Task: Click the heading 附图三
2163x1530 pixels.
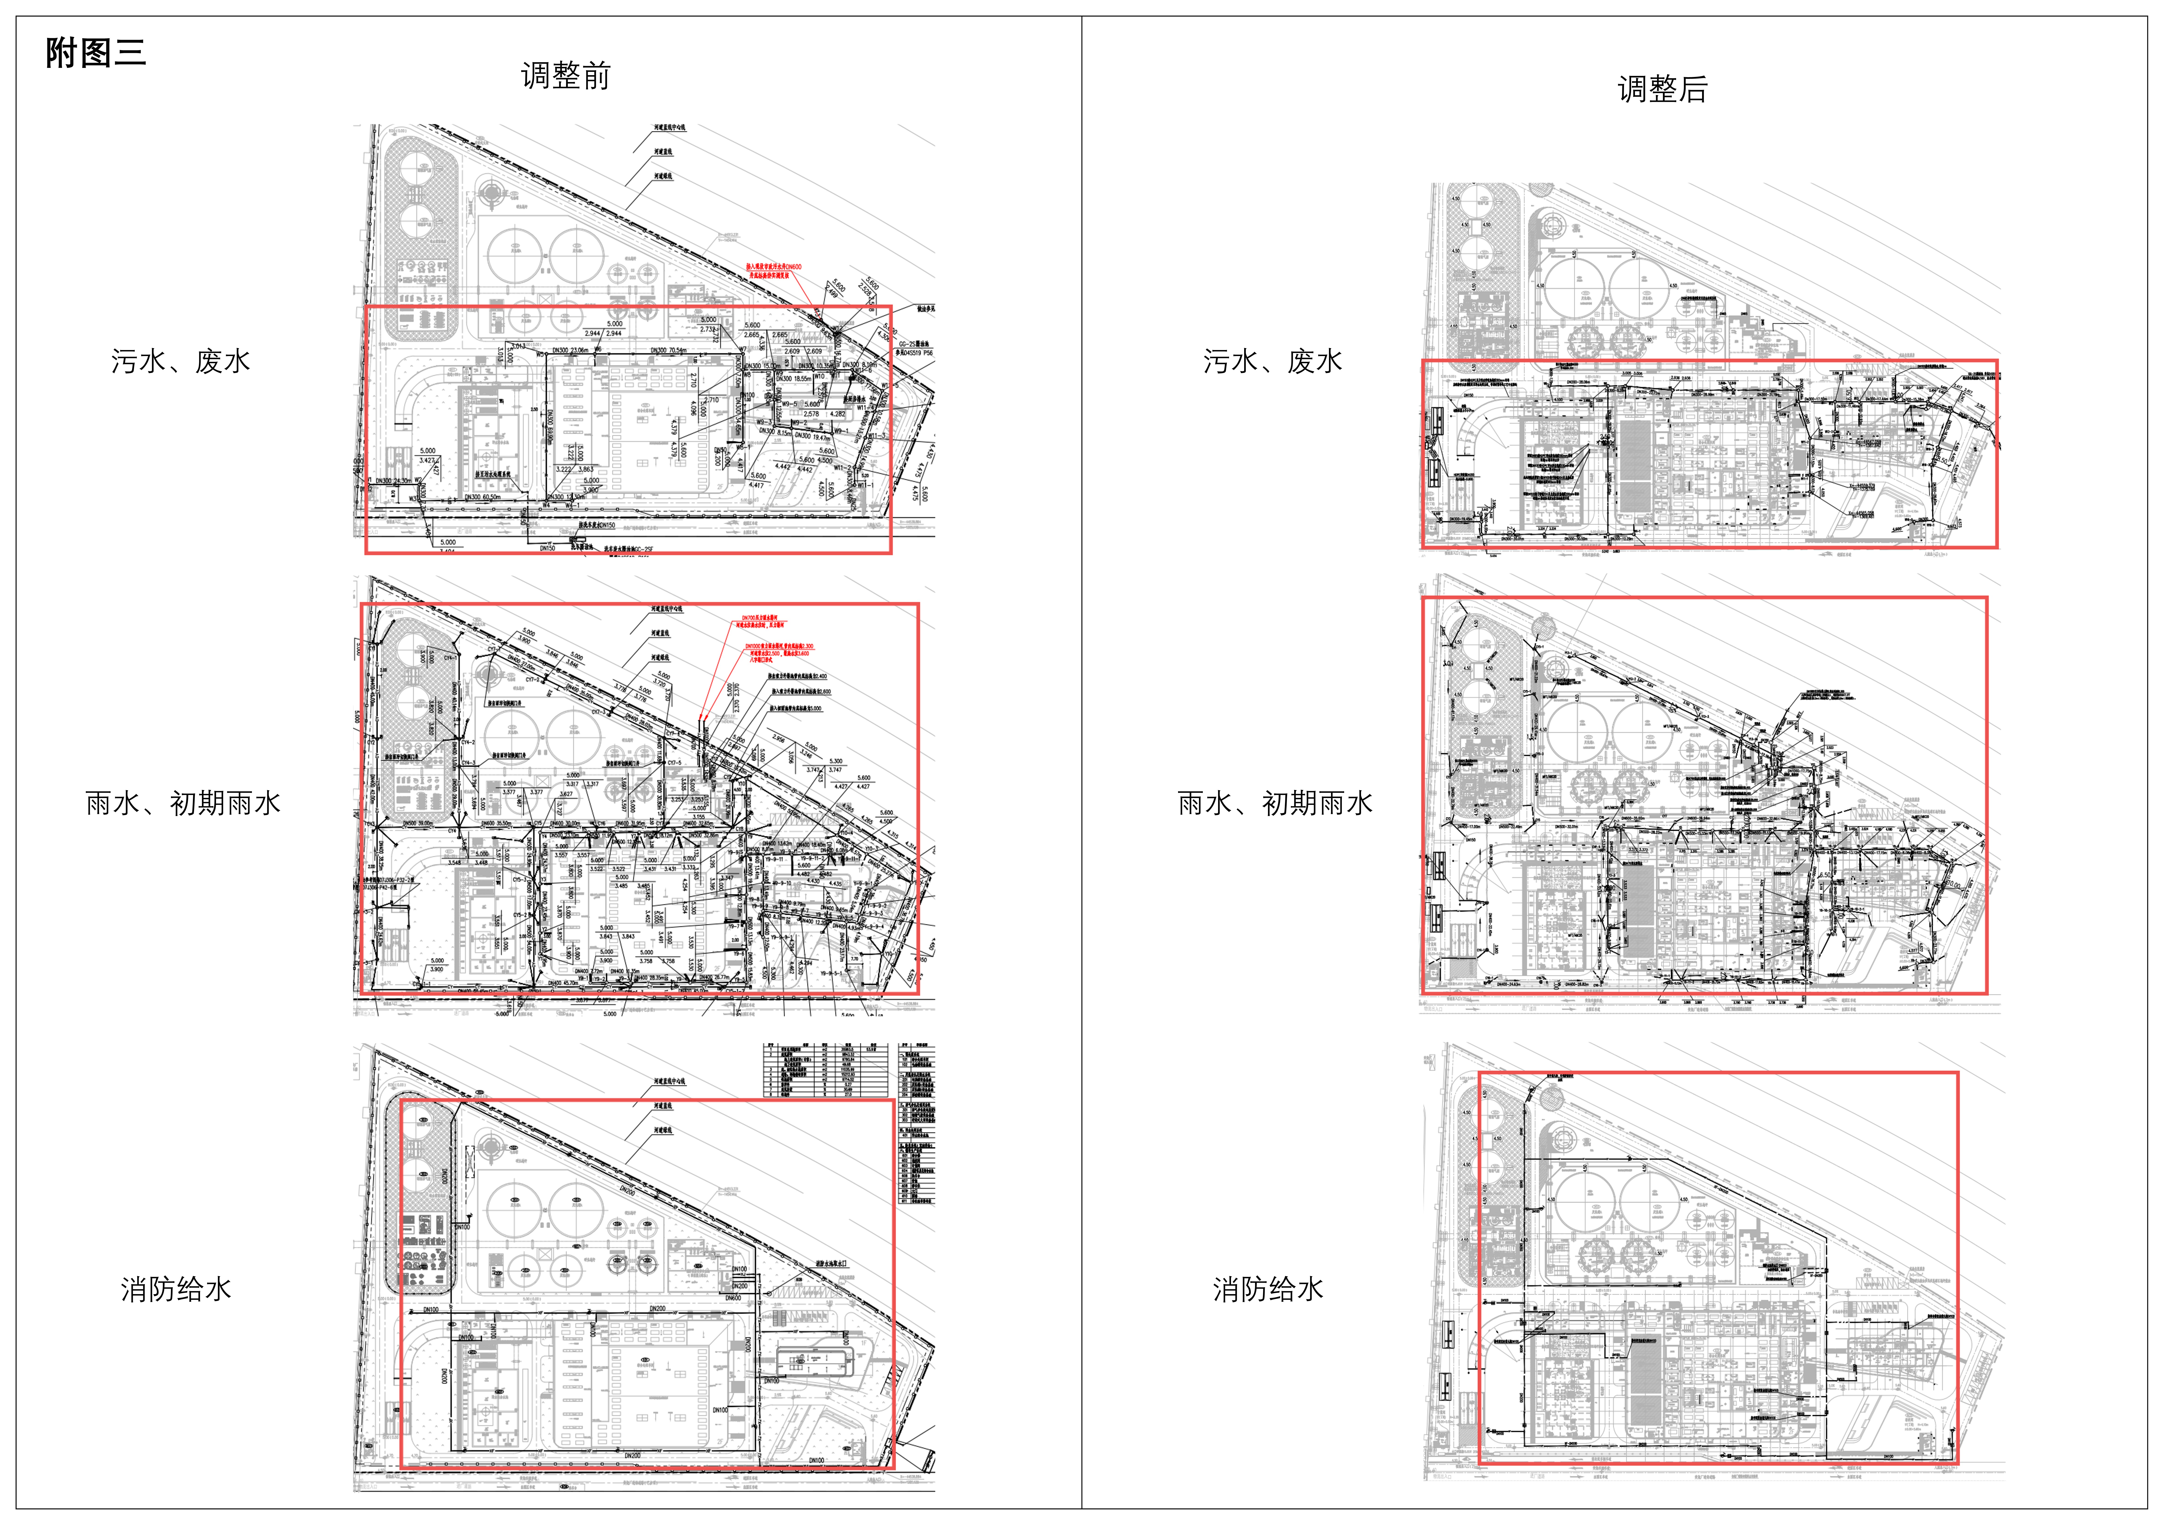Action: pyautogui.click(x=95, y=53)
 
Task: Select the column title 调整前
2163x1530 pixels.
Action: pyautogui.click(x=565, y=75)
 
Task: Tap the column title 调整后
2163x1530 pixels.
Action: pyautogui.click(x=1662, y=88)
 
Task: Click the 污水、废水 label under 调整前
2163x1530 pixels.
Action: pyautogui.click(x=180, y=361)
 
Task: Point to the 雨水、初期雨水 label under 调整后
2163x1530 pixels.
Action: pyautogui.click(x=1275, y=803)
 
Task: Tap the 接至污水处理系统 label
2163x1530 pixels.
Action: pyautogui.click(x=493, y=474)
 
